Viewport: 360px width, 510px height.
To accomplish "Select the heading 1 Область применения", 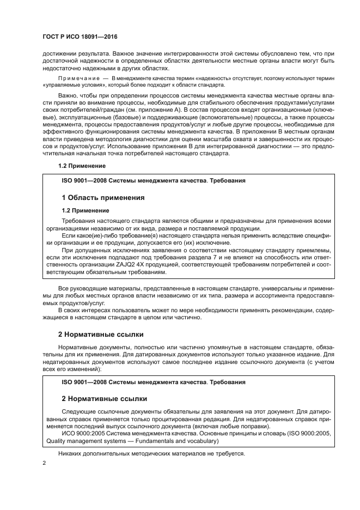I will click(x=103, y=197).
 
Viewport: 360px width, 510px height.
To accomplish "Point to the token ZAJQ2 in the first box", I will click(x=137, y=264).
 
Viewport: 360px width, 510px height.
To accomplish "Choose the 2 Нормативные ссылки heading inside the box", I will click(x=104, y=399).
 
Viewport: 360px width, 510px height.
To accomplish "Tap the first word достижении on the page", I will click(x=60, y=54).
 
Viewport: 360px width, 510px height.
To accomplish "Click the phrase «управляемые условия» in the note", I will click(x=71, y=86).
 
